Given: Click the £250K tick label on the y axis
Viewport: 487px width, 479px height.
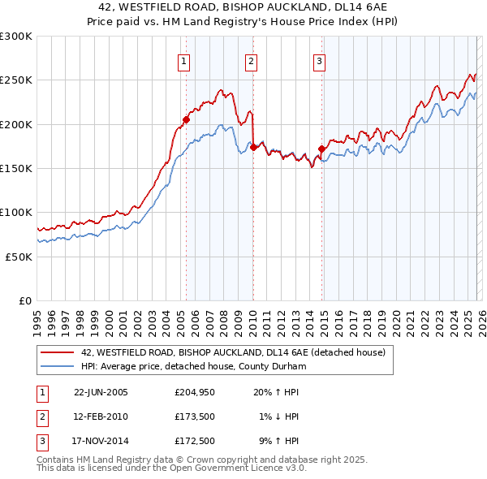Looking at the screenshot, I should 16,80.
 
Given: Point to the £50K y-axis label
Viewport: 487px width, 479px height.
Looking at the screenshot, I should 19,256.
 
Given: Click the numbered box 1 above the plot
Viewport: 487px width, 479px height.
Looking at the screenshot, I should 183,61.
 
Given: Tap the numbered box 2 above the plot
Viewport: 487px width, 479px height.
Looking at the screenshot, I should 252,61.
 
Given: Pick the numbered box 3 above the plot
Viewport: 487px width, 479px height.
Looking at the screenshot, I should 320,61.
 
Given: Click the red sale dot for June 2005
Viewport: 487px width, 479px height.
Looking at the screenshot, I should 186,119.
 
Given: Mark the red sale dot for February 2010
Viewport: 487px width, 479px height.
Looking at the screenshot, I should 253,147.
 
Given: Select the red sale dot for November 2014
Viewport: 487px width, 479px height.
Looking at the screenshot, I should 321,149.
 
